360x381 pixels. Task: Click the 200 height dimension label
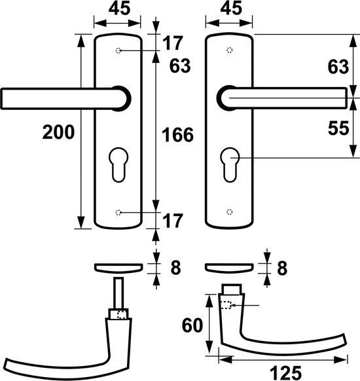pyautogui.click(x=58, y=132)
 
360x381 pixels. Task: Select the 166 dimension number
pyautogui.click(x=177, y=135)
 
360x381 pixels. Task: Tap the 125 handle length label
pyautogui.click(x=285, y=372)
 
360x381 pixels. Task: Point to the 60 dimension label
pyautogui.click(x=192, y=325)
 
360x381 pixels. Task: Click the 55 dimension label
pyautogui.click(x=338, y=128)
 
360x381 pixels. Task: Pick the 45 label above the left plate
pyautogui.click(x=119, y=8)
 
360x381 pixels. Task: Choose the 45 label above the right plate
pyautogui.click(x=231, y=8)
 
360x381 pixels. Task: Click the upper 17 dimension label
pyautogui.click(x=173, y=43)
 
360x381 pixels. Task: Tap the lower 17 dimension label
pyautogui.click(x=173, y=221)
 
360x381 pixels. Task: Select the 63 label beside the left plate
pyautogui.click(x=180, y=66)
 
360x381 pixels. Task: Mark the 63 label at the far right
pyautogui.click(x=338, y=67)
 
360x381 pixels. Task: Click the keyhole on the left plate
pyautogui.click(x=118, y=164)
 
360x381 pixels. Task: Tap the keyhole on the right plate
pyautogui.click(x=230, y=164)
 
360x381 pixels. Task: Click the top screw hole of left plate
pyautogui.click(x=118, y=50)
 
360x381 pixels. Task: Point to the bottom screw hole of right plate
pyautogui.click(x=230, y=212)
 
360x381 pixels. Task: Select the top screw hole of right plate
pyautogui.click(x=230, y=50)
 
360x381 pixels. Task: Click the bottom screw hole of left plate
pyautogui.click(x=118, y=212)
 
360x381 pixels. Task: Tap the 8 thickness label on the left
pyautogui.click(x=175, y=268)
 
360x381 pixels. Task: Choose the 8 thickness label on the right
pyautogui.click(x=282, y=268)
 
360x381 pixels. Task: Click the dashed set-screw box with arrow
pyautogui.click(x=226, y=305)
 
